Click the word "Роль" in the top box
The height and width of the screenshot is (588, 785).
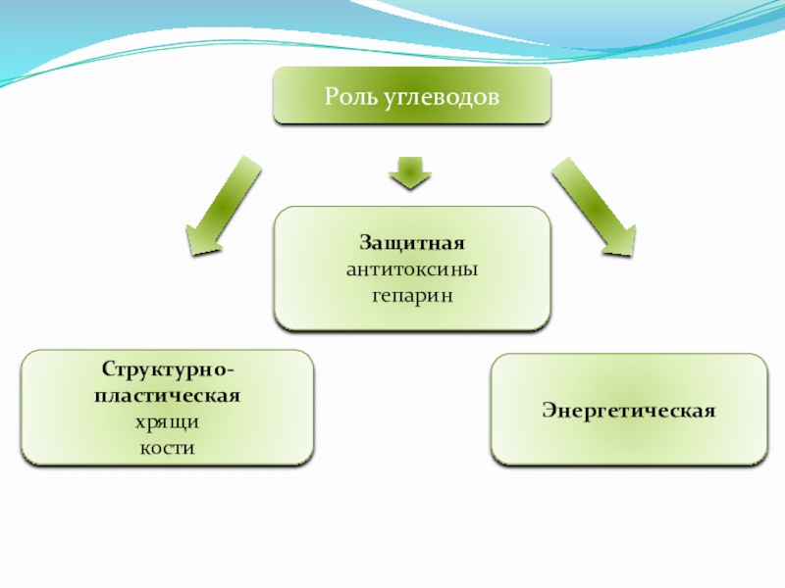pos(346,97)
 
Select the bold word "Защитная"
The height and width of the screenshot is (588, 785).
pos(412,242)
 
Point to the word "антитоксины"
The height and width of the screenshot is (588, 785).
pos(412,269)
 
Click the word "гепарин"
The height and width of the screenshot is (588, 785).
pos(412,294)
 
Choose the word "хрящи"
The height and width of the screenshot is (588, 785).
pos(167,422)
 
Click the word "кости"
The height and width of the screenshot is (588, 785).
pos(167,448)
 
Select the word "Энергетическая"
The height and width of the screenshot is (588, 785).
pos(628,409)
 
